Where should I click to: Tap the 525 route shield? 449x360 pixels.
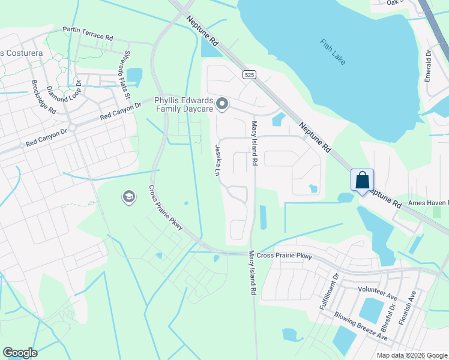pos(250,75)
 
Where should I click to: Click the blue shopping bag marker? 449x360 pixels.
pos(362,180)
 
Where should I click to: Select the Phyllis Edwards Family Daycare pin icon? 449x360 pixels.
pos(222,105)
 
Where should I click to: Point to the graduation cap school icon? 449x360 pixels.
pos(128,197)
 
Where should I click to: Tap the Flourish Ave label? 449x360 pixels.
pos(412,305)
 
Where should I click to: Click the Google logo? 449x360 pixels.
pos(20,353)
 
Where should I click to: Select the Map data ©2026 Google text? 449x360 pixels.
pos(412,355)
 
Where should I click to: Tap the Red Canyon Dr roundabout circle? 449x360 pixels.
pos(71,128)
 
